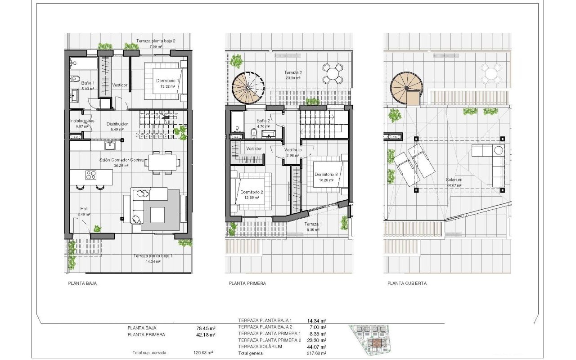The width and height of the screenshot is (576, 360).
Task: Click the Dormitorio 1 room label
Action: point(167,81)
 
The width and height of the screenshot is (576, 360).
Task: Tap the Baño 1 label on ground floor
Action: point(88,83)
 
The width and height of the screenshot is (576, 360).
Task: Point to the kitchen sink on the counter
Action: point(109,145)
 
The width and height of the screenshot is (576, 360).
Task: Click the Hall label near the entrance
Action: point(84,209)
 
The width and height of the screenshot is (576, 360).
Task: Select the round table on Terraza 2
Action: point(333,73)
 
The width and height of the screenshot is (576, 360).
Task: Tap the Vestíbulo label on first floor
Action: point(292,150)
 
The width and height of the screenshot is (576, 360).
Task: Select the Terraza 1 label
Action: point(313,224)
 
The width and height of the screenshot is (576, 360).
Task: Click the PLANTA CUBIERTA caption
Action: point(407,283)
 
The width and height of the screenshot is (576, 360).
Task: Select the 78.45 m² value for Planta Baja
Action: point(202,328)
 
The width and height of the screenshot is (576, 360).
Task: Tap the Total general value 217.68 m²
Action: point(316,353)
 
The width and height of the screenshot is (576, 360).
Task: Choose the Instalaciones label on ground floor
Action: point(82,121)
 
